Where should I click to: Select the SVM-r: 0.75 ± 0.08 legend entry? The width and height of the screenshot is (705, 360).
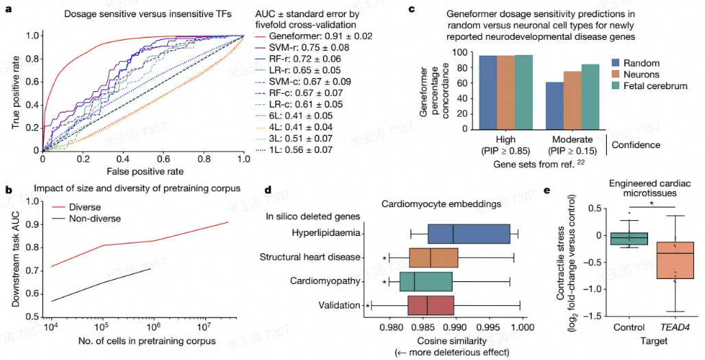click(311, 47)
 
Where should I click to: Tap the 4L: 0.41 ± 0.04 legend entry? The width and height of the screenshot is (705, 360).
click(304, 127)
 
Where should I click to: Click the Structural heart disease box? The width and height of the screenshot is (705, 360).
click(433, 257)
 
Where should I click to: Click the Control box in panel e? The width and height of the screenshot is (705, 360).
click(629, 238)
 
